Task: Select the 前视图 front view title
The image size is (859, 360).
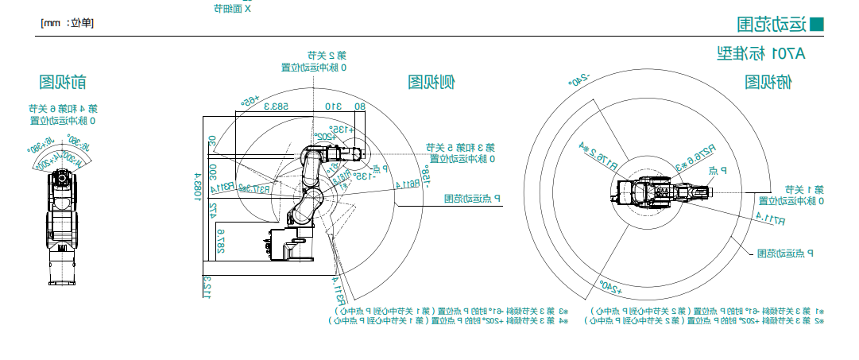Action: (63, 82)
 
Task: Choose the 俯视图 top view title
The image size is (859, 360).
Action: (768, 82)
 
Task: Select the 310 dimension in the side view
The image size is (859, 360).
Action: (332, 106)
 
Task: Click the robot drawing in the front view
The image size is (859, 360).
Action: (63, 223)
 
